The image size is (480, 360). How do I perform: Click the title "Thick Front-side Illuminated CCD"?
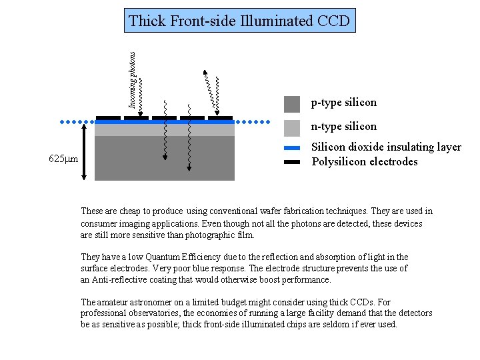(x=239, y=21)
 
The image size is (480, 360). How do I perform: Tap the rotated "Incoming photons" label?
(x=133, y=80)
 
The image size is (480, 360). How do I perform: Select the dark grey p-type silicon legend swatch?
(x=292, y=103)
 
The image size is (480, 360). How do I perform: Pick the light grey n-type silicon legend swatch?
(x=292, y=127)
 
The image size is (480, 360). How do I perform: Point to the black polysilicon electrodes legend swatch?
(x=292, y=161)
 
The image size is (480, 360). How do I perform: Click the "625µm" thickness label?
(x=64, y=159)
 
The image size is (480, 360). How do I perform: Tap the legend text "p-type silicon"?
(x=344, y=103)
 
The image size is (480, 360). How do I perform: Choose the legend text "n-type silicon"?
(x=344, y=127)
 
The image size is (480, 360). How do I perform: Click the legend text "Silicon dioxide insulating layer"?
(x=387, y=147)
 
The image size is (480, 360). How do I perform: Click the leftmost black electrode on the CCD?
(x=108, y=118)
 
